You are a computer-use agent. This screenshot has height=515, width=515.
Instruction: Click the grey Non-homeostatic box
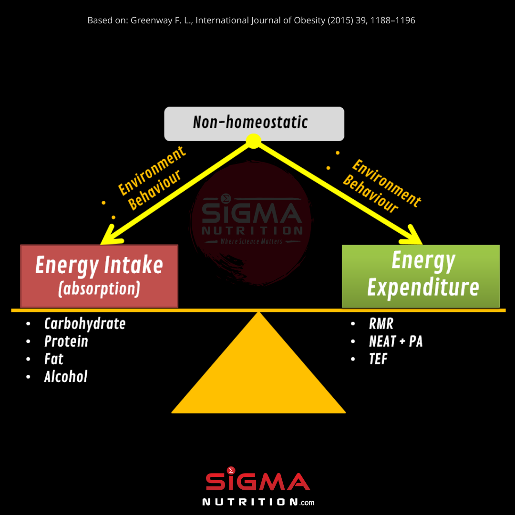(x=254, y=124)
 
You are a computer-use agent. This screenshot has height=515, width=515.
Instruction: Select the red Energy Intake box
(x=99, y=276)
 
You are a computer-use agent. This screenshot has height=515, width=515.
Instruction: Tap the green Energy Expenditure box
(x=421, y=276)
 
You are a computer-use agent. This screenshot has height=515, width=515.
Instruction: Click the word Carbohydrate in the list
(x=85, y=324)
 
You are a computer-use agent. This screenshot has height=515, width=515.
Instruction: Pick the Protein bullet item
(x=66, y=341)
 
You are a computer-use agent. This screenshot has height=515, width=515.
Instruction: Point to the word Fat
(x=53, y=359)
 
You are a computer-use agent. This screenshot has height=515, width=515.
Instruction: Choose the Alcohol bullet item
(x=66, y=376)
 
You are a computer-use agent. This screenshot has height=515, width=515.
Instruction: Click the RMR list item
(x=381, y=324)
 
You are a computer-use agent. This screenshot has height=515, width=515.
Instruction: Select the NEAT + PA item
(x=396, y=341)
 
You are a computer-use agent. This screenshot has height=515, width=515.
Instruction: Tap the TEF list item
(x=378, y=359)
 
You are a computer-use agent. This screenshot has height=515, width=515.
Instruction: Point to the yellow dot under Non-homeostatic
(x=254, y=141)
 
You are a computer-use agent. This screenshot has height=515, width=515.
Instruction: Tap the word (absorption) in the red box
(x=99, y=289)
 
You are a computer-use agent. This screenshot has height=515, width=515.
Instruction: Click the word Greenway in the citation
(x=151, y=21)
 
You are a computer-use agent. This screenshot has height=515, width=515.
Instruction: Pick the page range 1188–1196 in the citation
(x=393, y=21)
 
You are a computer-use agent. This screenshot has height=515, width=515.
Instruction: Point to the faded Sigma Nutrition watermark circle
(x=251, y=223)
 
